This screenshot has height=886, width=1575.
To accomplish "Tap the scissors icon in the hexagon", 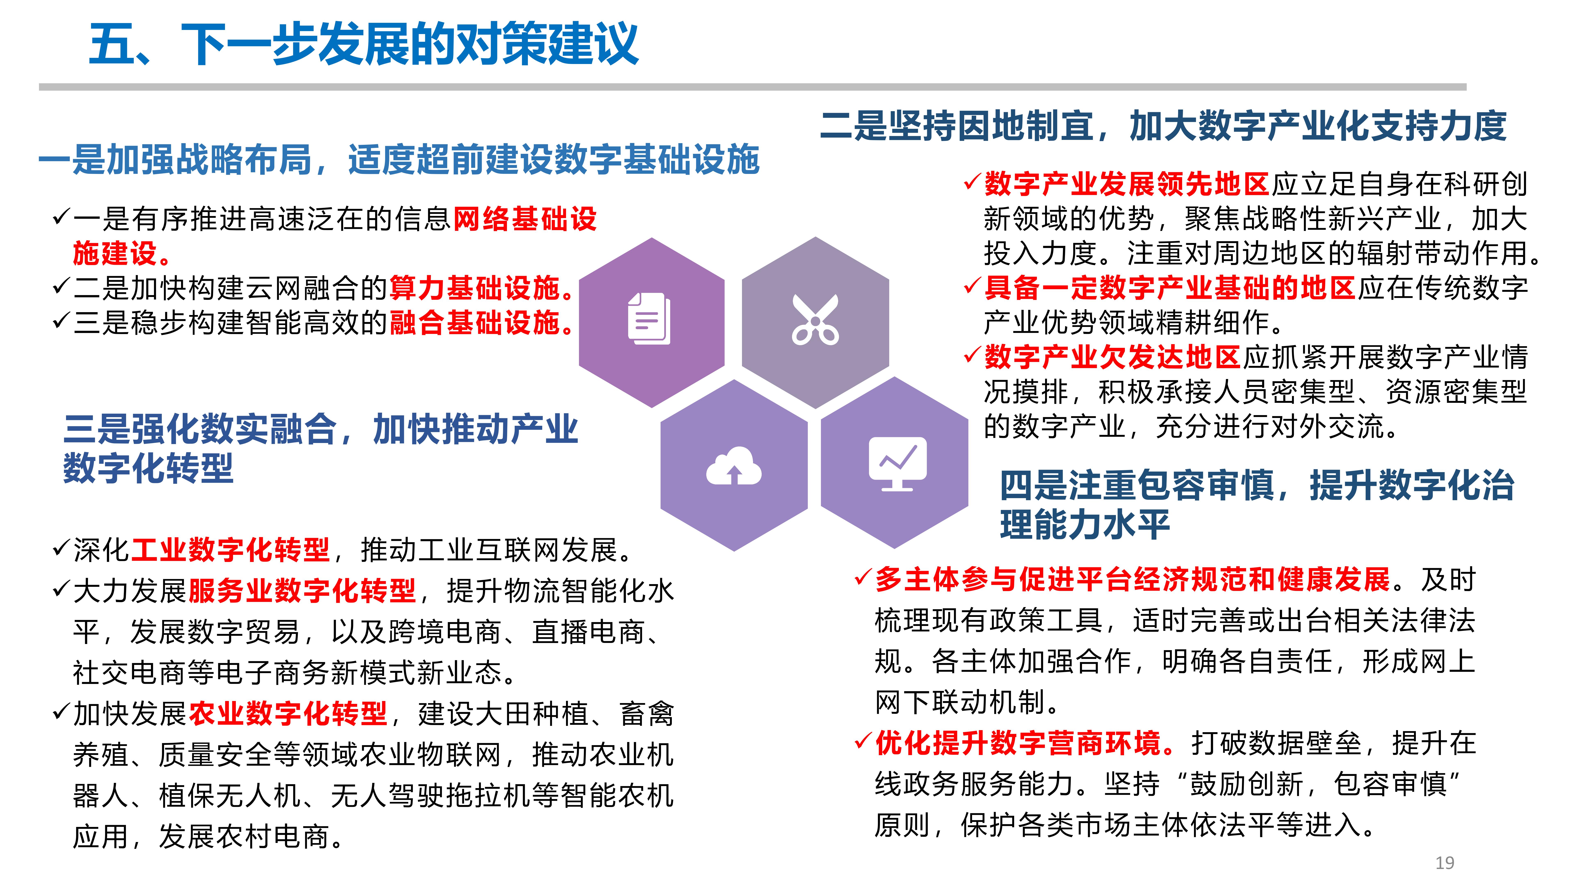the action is coord(815,320).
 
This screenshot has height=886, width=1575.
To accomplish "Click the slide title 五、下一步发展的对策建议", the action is coord(364,44).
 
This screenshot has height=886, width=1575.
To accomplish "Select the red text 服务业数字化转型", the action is coord(302,591).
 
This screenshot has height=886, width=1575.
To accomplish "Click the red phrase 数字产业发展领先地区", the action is coord(1127,184).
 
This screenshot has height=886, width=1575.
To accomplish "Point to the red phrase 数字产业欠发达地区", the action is coord(1113,357).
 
